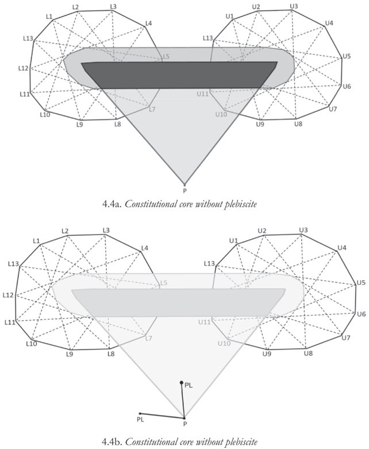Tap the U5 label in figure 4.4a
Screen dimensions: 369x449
click(x=347, y=56)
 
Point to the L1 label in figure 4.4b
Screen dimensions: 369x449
click(x=36, y=241)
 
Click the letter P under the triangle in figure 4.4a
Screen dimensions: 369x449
click(x=184, y=191)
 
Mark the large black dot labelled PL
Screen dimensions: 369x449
click(x=182, y=382)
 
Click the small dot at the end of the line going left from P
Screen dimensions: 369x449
click(x=140, y=413)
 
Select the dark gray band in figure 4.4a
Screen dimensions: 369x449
click(x=179, y=75)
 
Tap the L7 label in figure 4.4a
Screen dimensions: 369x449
click(x=152, y=109)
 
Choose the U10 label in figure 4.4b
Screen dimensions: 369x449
click(x=224, y=343)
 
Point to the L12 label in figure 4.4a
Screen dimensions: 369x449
click(x=23, y=68)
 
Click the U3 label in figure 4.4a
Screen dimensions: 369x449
click(x=294, y=6)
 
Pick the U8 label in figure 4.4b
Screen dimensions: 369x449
click(x=308, y=353)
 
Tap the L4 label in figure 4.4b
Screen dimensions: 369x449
click(x=145, y=248)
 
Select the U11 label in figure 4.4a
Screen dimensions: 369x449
click(x=202, y=94)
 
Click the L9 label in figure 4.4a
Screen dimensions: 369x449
click(x=80, y=125)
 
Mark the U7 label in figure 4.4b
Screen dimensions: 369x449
click(x=346, y=338)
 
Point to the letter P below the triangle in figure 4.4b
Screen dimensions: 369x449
click(x=185, y=424)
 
